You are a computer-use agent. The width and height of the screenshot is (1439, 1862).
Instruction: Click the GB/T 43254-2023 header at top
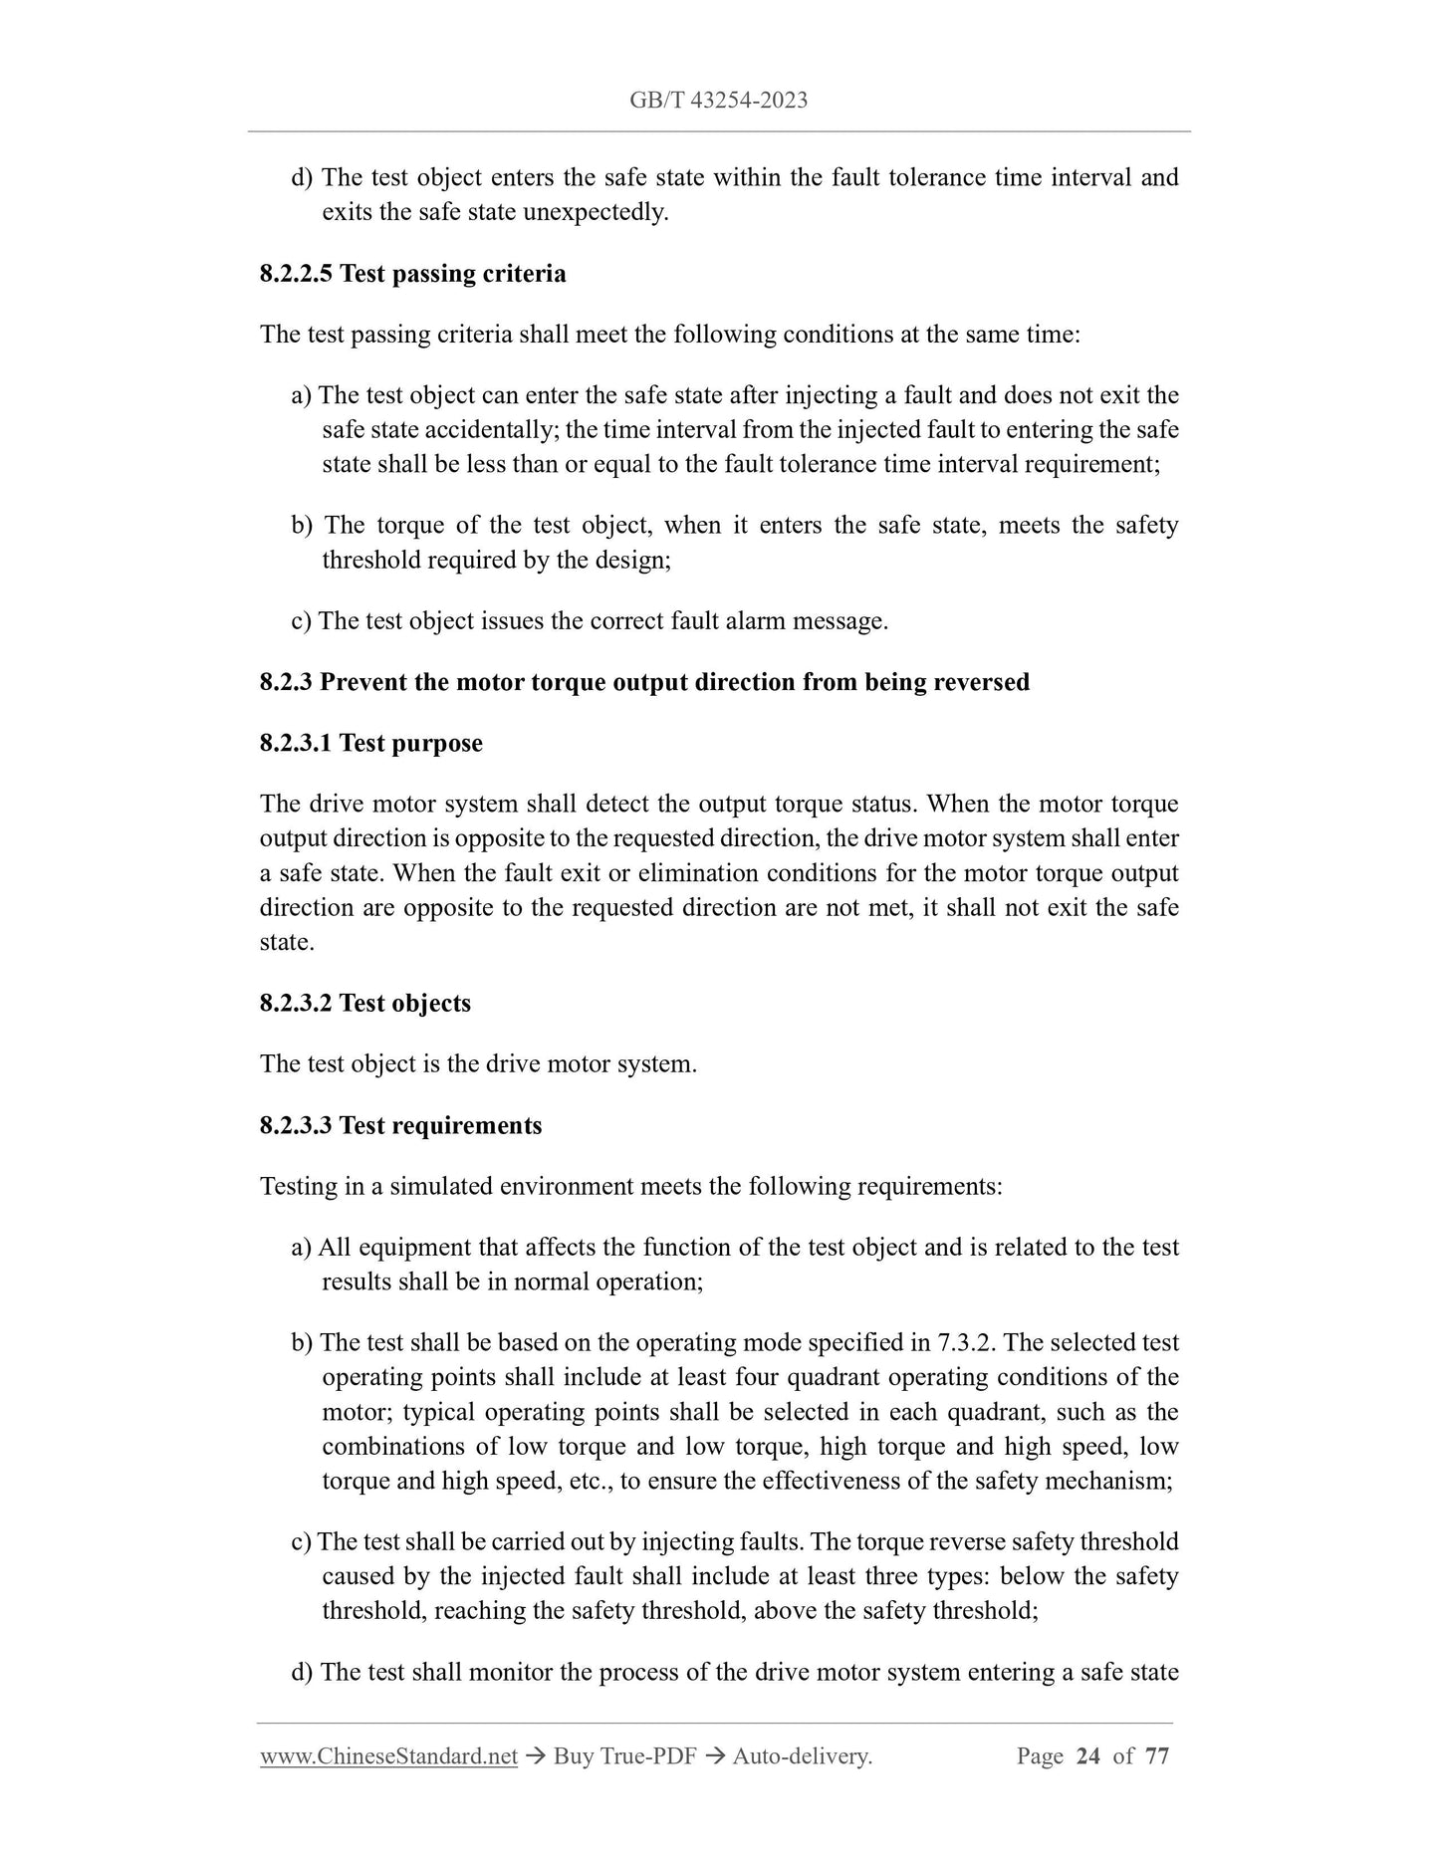718,100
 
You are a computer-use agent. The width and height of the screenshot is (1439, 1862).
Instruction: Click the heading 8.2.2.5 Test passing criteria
412,274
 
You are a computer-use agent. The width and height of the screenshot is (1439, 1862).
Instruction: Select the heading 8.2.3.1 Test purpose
370,744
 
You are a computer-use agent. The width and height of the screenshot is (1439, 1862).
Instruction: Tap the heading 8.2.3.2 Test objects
364,1004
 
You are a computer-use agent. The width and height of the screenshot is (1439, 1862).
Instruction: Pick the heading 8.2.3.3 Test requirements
400,1126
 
